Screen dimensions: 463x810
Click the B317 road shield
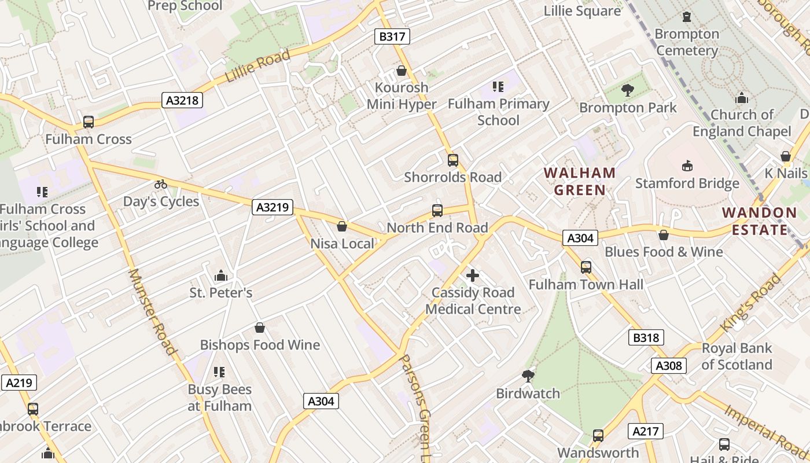coord(392,37)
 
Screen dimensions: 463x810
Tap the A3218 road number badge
coord(182,101)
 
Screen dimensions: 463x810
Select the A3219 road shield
coord(273,207)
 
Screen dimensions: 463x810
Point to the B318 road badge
coord(646,338)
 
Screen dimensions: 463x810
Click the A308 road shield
coord(670,366)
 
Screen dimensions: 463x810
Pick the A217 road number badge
coord(646,431)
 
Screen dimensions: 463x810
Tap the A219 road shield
coord(19,383)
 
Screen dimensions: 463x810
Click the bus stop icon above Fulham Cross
coord(89,122)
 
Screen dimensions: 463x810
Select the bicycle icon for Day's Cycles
coord(161,185)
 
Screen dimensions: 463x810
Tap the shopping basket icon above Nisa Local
coord(342,226)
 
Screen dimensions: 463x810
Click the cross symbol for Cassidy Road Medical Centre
coord(473,275)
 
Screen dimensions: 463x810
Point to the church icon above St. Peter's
coord(220,275)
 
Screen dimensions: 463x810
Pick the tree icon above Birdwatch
coord(528,376)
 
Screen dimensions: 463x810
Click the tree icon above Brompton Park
coord(627,90)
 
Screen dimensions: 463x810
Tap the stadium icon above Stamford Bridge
coord(687,166)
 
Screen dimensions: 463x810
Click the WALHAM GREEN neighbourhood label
coord(580,181)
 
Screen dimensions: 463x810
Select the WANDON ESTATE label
coord(760,221)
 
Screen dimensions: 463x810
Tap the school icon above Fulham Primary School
coord(498,87)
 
